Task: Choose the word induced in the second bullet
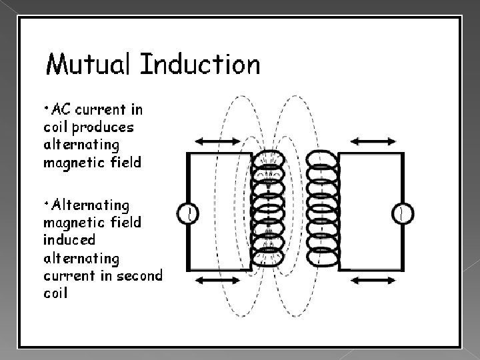click(x=69, y=238)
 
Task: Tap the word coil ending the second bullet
click(x=55, y=293)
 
